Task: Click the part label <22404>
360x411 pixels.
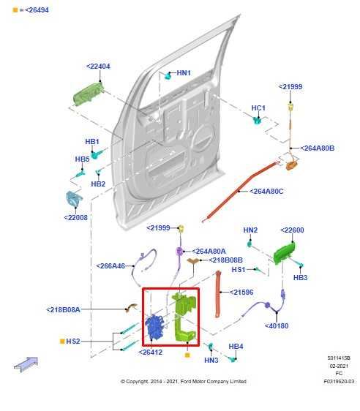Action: coord(98,67)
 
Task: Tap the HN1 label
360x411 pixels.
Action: coord(184,73)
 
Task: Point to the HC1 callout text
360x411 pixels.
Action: coord(258,108)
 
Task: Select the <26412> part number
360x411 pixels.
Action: coord(151,352)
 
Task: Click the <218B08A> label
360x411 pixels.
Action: coord(73,309)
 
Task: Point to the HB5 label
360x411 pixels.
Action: coord(82,159)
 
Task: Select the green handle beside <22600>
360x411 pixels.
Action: coord(280,253)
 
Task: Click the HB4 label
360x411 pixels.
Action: coord(236,346)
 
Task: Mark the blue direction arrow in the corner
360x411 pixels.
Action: coord(26,363)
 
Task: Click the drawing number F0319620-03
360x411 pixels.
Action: coord(340,381)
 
